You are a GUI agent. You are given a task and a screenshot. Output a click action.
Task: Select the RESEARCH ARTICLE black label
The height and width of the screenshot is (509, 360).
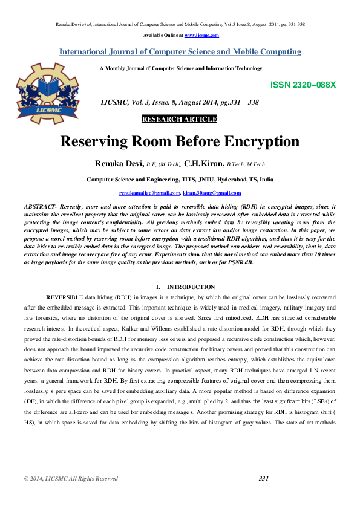click(x=179, y=119)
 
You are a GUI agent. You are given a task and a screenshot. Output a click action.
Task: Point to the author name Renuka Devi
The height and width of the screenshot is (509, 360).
click(x=120, y=163)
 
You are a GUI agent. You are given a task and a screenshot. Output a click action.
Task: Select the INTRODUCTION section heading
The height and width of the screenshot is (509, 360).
click(x=191, y=287)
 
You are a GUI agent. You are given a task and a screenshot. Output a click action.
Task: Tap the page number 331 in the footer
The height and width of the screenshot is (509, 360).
click(x=263, y=479)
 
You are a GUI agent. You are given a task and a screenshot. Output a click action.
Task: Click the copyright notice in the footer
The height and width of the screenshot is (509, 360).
click(x=71, y=479)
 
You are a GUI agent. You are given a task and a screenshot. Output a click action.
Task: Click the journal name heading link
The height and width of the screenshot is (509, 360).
click(x=180, y=52)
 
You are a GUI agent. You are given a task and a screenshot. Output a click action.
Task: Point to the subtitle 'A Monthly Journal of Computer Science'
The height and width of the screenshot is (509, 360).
click(x=180, y=69)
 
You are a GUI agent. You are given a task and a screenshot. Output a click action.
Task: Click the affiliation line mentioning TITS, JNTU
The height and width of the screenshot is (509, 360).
click(x=180, y=180)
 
